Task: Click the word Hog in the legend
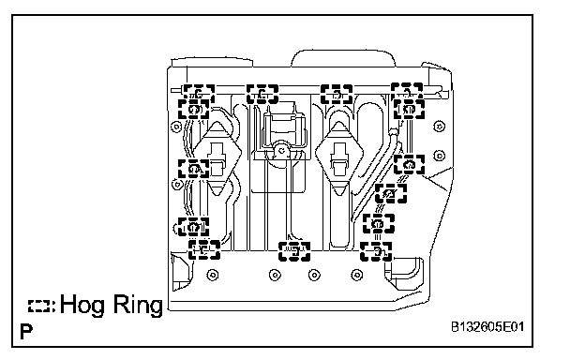click(x=83, y=305)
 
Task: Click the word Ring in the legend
click(x=138, y=305)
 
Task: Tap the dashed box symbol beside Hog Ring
click(x=39, y=307)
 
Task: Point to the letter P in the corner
click(x=26, y=332)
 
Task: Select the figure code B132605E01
click(x=487, y=327)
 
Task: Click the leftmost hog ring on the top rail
click(x=199, y=94)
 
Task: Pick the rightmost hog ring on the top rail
click(x=407, y=92)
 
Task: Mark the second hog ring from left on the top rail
click(x=262, y=94)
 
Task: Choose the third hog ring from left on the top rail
click(x=337, y=94)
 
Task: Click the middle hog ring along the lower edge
click(x=294, y=251)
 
